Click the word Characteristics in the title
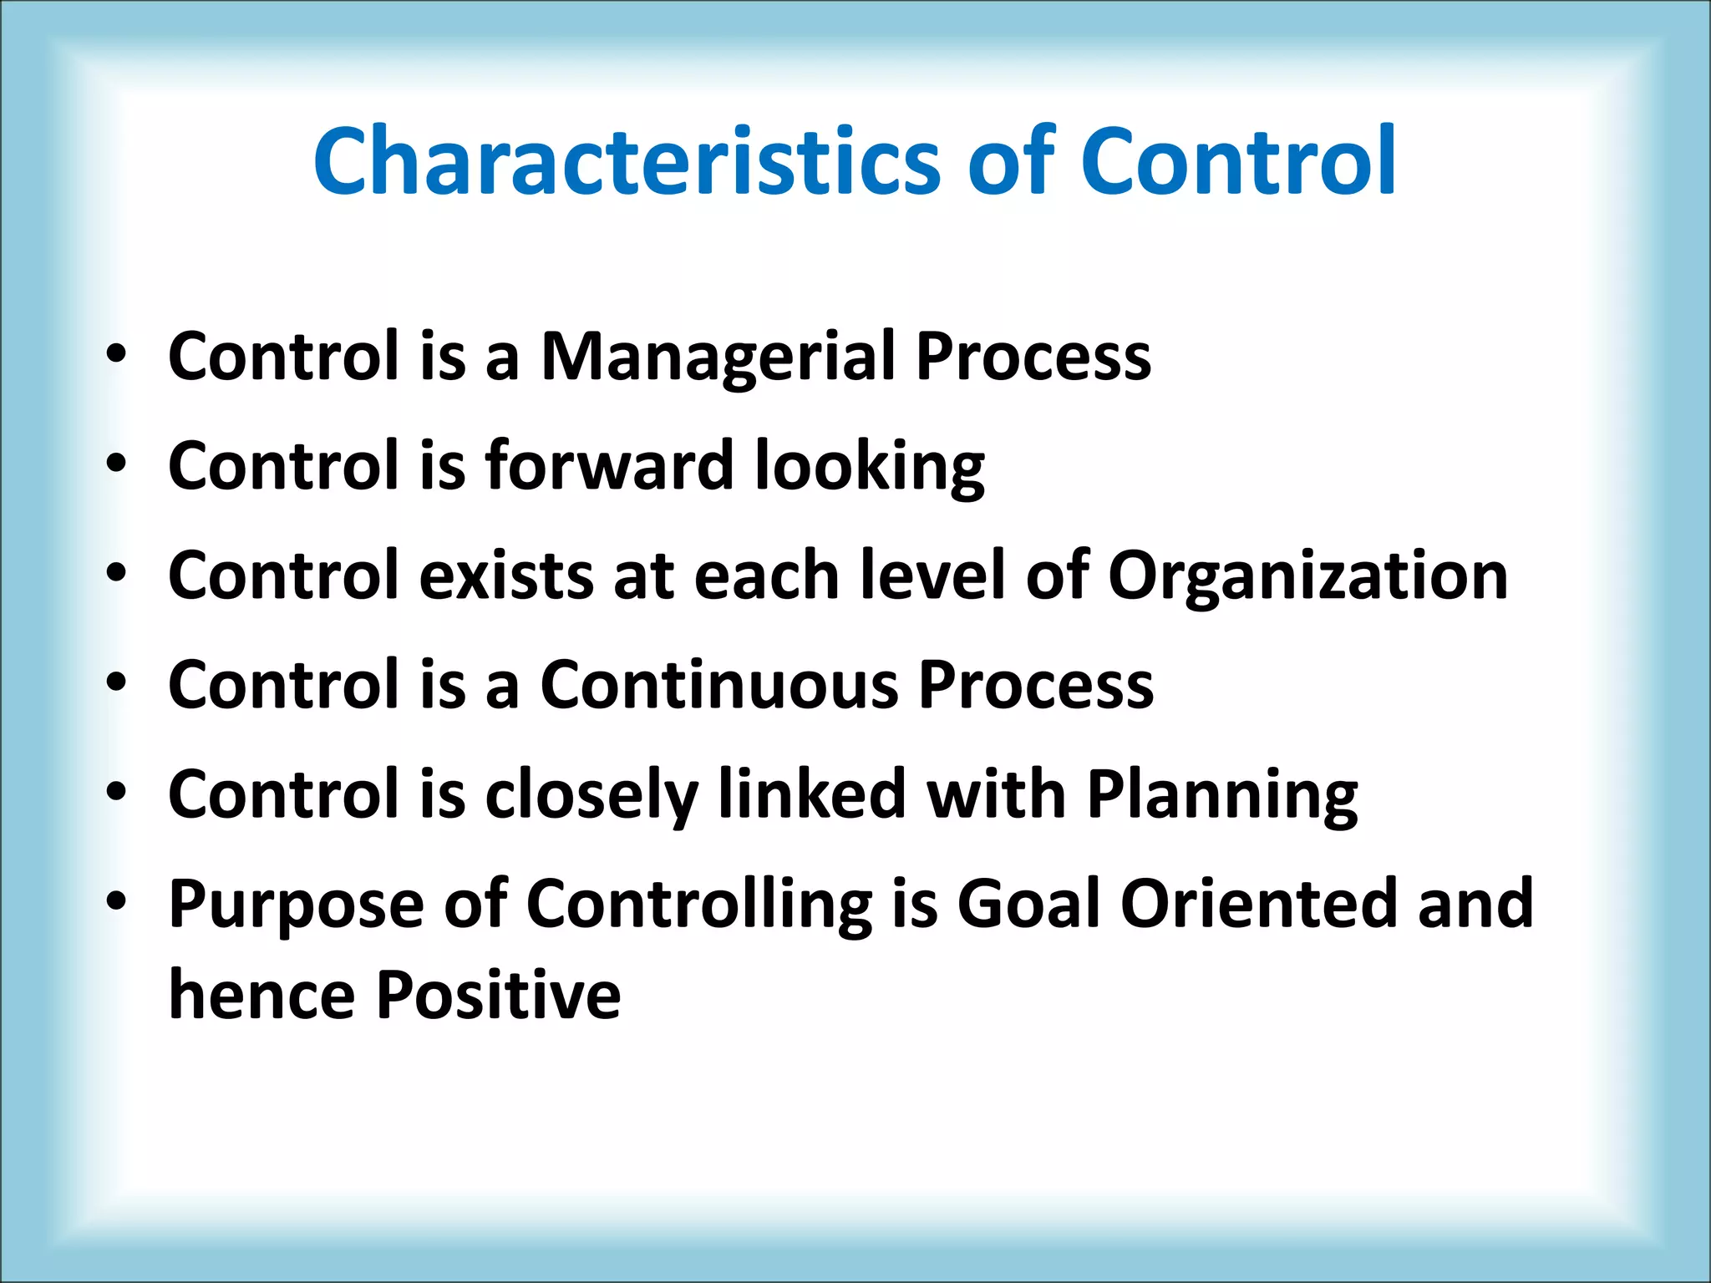click(x=627, y=160)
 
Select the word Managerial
click(x=718, y=357)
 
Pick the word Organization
click(x=1307, y=576)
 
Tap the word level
click(x=932, y=576)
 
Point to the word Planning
click(x=1221, y=795)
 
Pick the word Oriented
click(x=1258, y=904)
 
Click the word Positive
click(x=498, y=996)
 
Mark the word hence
click(x=261, y=996)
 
